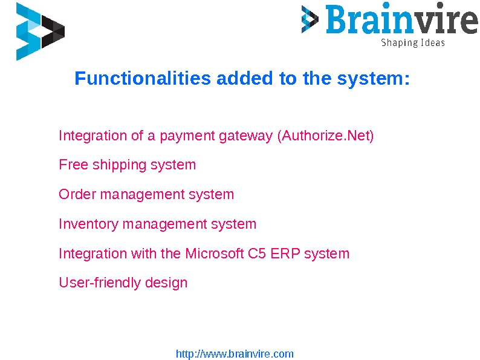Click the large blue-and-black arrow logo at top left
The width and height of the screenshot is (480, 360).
(40, 31)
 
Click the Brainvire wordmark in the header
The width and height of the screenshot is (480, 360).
(401, 20)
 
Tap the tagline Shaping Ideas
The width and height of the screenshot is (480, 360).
(412, 43)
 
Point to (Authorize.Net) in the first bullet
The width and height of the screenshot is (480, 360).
(325, 136)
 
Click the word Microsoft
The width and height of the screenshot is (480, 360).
(215, 254)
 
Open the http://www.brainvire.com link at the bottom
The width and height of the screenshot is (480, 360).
(235, 354)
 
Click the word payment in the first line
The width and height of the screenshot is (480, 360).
(192, 136)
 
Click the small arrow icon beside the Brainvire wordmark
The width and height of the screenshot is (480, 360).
(310, 19)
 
